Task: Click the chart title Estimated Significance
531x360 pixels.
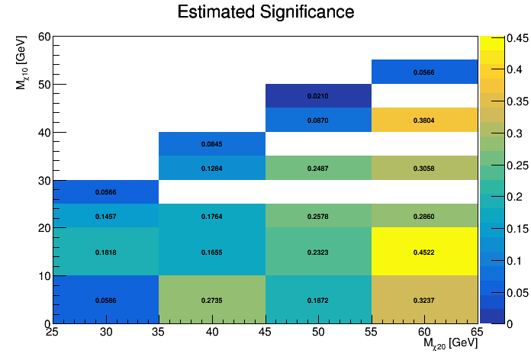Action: (265, 12)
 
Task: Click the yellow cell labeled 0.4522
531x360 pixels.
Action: (424, 252)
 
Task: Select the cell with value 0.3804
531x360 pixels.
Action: (424, 120)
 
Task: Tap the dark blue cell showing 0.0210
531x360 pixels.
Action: (318, 96)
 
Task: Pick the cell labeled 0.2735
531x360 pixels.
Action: (211, 300)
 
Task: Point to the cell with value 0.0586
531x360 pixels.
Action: (105, 300)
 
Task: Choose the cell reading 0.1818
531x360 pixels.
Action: (105, 252)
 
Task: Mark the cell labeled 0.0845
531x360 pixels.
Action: (211, 144)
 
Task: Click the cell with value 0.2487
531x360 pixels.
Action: (318, 168)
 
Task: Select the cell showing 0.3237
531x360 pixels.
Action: (424, 300)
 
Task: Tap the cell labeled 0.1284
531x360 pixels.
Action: (211, 168)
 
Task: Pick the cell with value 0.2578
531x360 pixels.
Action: (318, 216)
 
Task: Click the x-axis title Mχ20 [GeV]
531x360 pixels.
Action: (450, 344)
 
